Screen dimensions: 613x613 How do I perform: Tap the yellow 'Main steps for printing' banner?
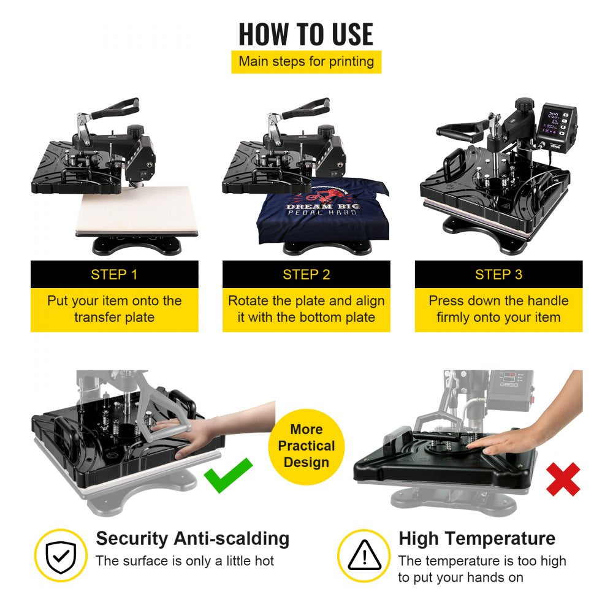306,61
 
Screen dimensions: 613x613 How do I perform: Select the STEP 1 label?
114,275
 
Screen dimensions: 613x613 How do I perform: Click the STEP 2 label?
306,275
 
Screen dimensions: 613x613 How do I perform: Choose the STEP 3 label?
498,275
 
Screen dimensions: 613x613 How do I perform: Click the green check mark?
228,474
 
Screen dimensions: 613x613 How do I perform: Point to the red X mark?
563,479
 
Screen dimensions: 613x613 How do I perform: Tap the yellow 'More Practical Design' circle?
306,446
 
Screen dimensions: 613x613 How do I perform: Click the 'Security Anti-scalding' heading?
192,539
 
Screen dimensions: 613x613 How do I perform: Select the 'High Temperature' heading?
477,539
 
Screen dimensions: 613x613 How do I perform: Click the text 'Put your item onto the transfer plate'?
114,309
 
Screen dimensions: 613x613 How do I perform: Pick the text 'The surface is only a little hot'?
185,561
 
